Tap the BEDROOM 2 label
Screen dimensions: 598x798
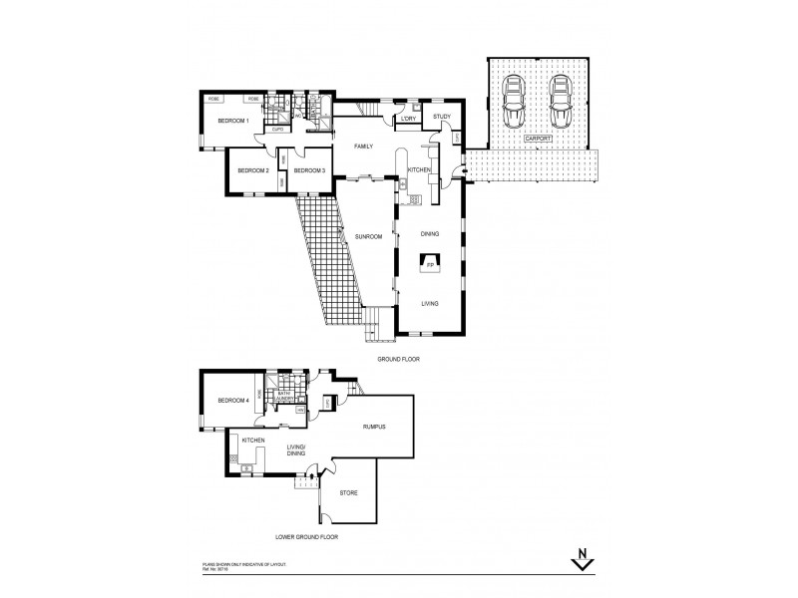(253, 171)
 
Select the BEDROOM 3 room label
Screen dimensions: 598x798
(310, 171)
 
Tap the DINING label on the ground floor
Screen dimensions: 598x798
(430, 235)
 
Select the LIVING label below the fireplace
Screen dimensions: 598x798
(430, 304)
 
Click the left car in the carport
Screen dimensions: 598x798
(514, 99)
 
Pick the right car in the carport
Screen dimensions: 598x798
(560, 99)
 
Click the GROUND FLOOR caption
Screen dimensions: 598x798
(397, 356)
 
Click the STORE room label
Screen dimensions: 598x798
(349, 493)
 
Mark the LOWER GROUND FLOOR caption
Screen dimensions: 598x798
(306, 537)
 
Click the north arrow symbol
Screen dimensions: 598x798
(581, 561)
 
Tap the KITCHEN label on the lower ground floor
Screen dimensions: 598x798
(252, 440)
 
